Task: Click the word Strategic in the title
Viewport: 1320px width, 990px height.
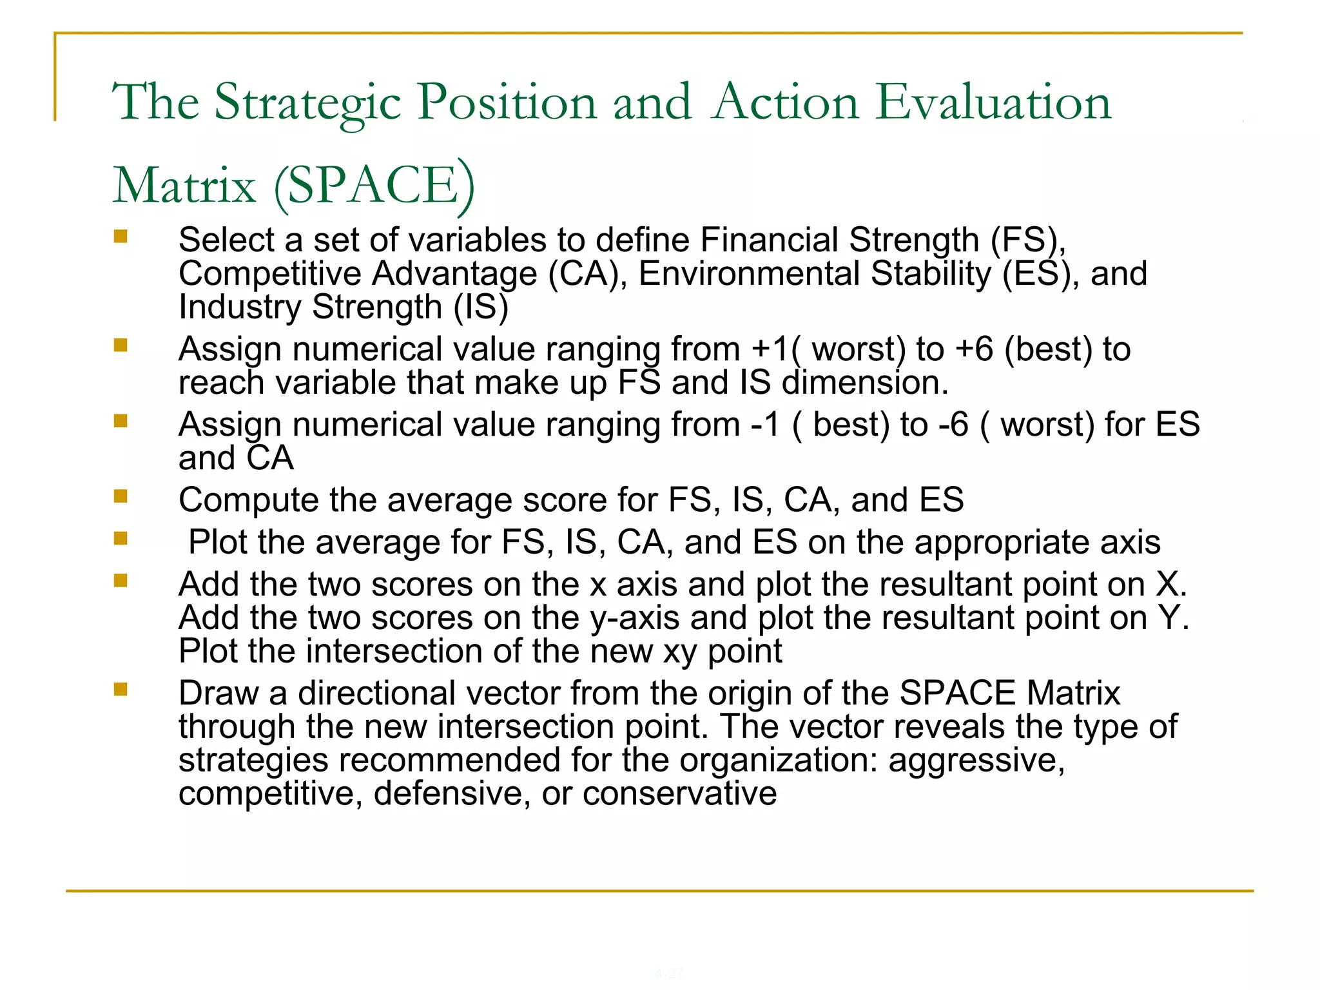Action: pyautogui.click(x=308, y=103)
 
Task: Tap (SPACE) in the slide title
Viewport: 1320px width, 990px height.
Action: pyautogui.click(x=374, y=186)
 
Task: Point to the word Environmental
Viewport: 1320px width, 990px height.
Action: pyautogui.click(x=750, y=273)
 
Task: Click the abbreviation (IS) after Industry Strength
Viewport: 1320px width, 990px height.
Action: pyautogui.click(x=481, y=307)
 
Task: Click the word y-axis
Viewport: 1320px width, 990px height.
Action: pyautogui.click(x=635, y=617)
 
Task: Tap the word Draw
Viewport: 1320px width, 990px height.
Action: pyautogui.click(x=218, y=694)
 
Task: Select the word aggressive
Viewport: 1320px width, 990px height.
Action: pyautogui.click(x=976, y=760)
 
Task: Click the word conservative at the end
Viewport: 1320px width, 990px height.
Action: pyautogui.click(x=679, y=793)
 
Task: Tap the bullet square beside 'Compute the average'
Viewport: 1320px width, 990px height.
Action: pyautogui.click(x=121, y=496)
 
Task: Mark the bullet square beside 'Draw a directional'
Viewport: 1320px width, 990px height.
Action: pyautogui.click(x=121, y=690)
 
